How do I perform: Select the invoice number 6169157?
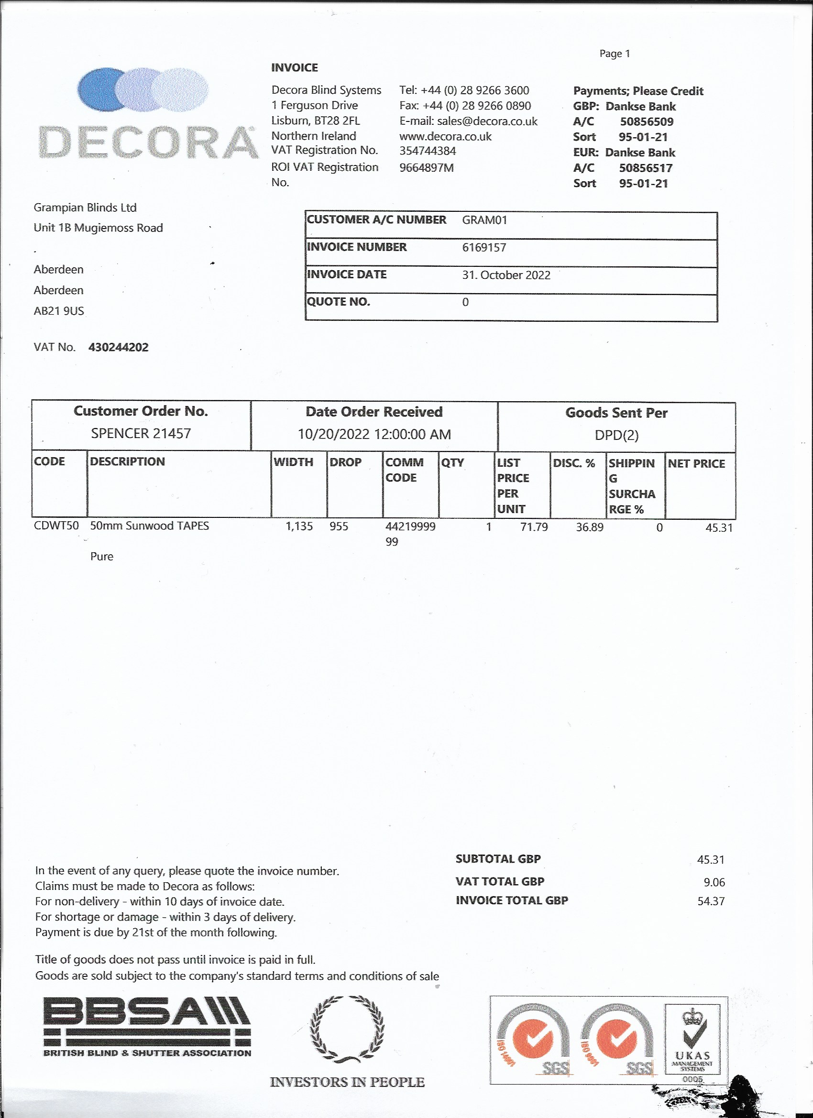coord(483,247)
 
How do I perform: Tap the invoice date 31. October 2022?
coord(506,275)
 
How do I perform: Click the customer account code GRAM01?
coord(484,220)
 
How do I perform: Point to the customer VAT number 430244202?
coord(118,348)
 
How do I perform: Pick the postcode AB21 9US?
coord(59,311)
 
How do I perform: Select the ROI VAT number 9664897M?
coord(426,167)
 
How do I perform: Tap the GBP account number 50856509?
coord(647,122)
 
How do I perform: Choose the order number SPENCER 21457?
coord(141,434)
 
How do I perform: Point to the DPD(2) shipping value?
coord(616,435)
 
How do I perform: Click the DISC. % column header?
coord(574,463)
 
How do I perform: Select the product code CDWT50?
coord(56,526)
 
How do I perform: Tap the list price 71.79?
coord(533,527)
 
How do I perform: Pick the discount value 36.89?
coord(590,527)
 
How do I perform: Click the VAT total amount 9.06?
coord(714,882)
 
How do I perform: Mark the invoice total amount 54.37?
coord(711,901)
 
